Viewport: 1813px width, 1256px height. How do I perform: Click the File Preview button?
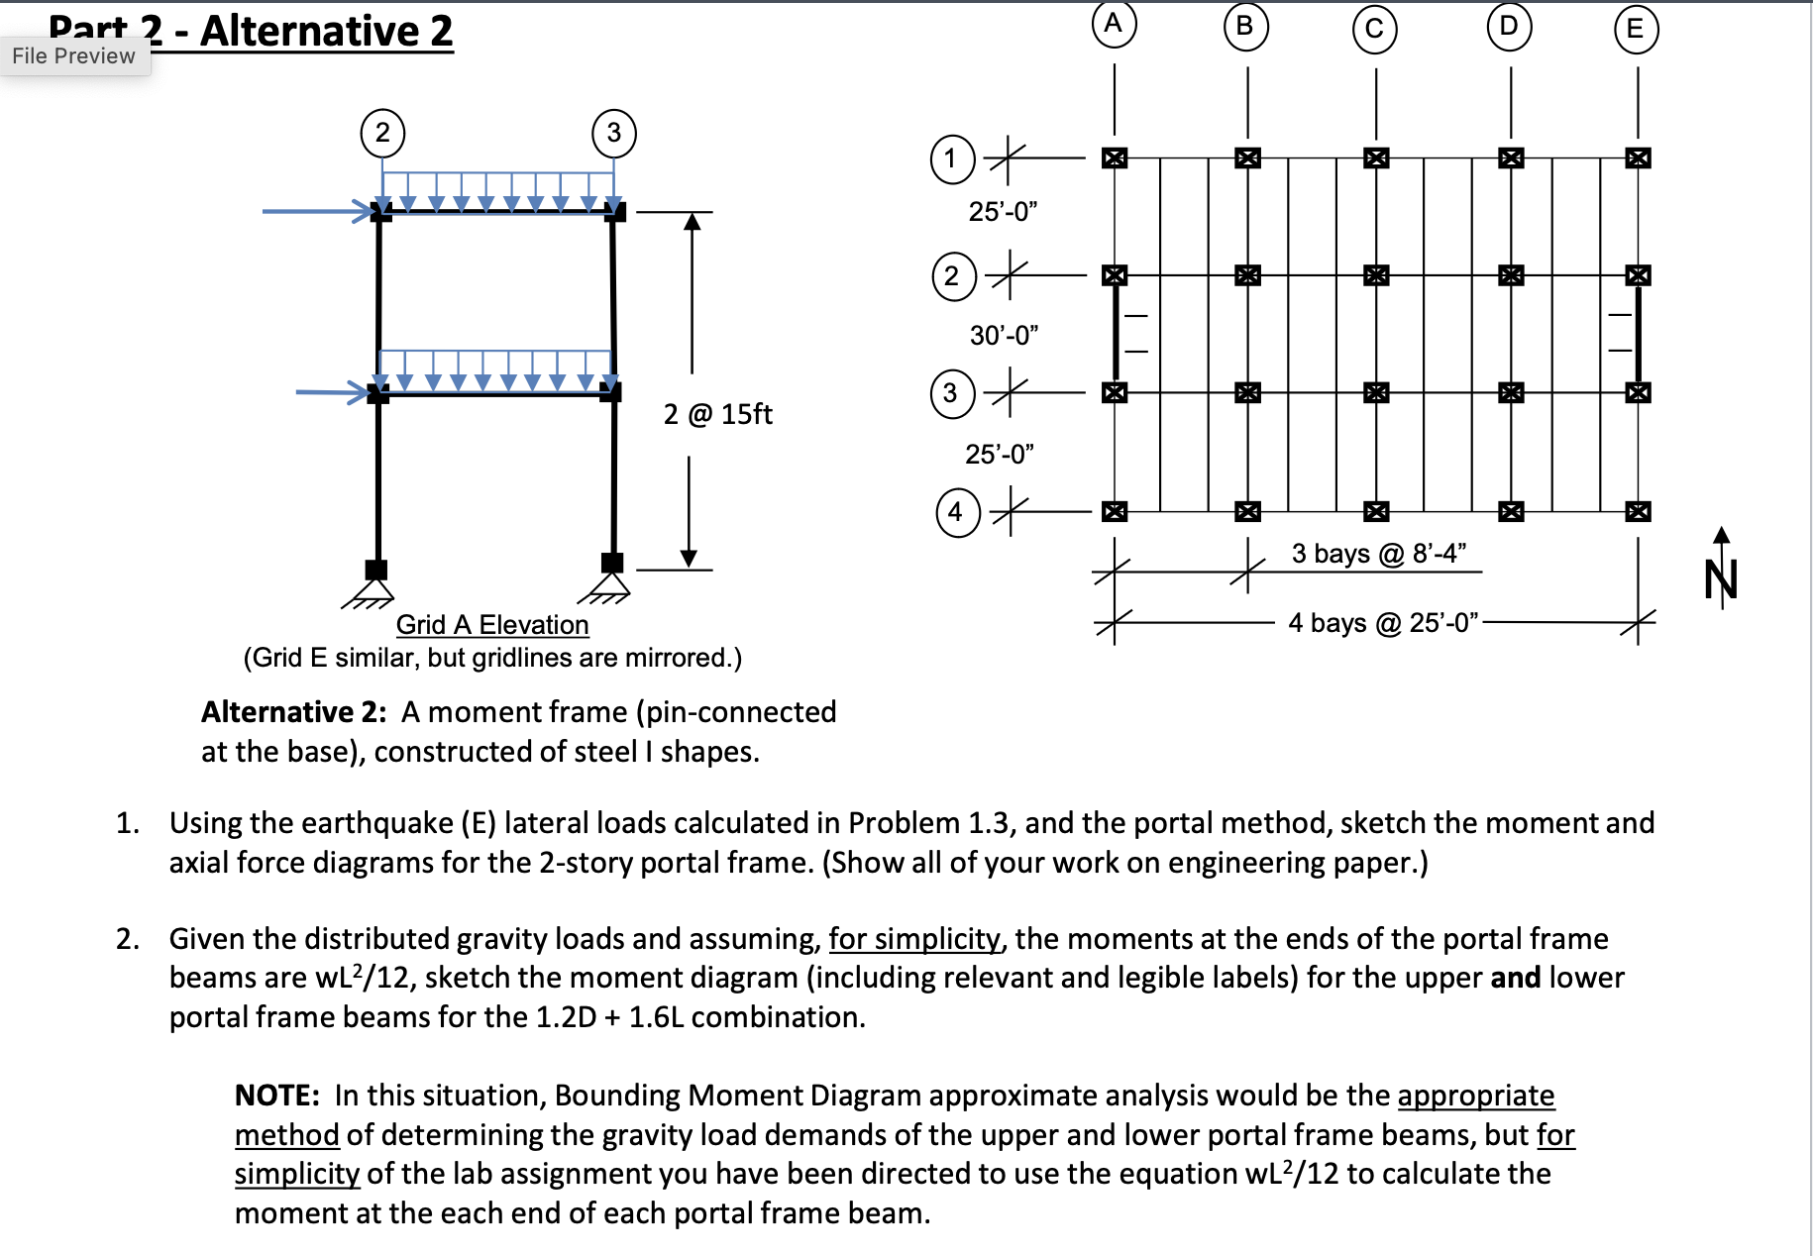(74, 56)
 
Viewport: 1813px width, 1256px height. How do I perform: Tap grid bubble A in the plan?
(1114, 24)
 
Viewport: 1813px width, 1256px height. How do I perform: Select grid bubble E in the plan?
(1636, 29)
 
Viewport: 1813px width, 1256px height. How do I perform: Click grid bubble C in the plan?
(1374, 29)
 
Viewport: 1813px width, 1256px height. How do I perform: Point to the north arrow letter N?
(1721, 579)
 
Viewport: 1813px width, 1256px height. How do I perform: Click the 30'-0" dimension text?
(1004, 336)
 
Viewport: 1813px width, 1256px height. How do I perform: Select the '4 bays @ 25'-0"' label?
(1383, 623)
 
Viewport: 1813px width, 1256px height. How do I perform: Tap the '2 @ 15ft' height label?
(717, 414)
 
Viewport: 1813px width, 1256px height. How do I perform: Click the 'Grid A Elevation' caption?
(492, 625)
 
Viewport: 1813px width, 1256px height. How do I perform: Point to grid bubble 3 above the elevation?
(614, 133)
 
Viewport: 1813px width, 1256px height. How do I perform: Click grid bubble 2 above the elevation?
(382, 133)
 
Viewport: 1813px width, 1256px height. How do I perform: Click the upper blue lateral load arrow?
(317, 211)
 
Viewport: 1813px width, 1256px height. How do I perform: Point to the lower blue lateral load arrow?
(334, 392)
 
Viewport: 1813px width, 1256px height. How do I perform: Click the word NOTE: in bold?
(277, 1096)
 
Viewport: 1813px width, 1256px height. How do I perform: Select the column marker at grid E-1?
(1638, 157)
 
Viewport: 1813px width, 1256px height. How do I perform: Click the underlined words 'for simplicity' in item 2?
(914, 939)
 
